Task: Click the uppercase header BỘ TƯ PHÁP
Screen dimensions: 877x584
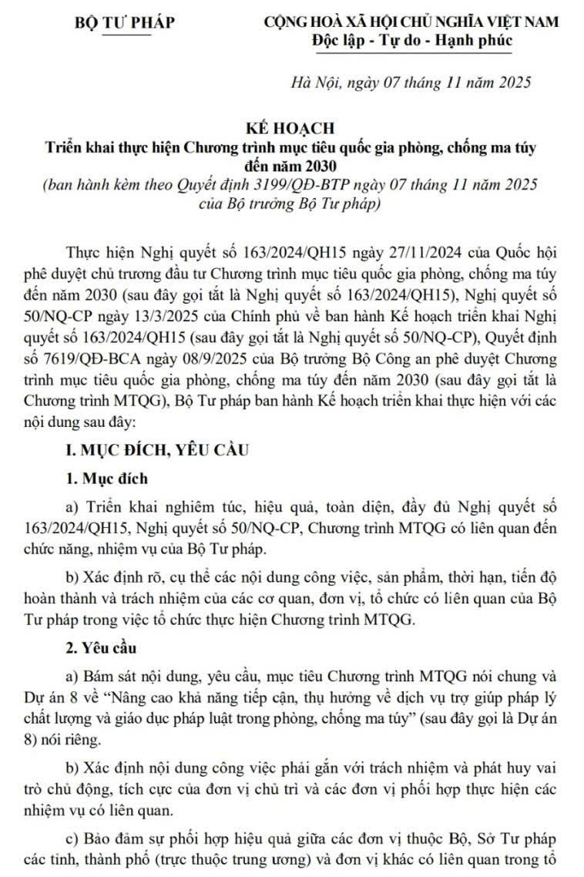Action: pyautogui.click(x=123, y=22)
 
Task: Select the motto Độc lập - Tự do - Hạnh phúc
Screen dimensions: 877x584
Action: pyautogui.click(x=412, y=40)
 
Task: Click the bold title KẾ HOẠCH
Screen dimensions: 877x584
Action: pyautogui.click(x=290, y=128)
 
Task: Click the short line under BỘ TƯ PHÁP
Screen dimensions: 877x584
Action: pyautogui.click(x=122, y=34)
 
